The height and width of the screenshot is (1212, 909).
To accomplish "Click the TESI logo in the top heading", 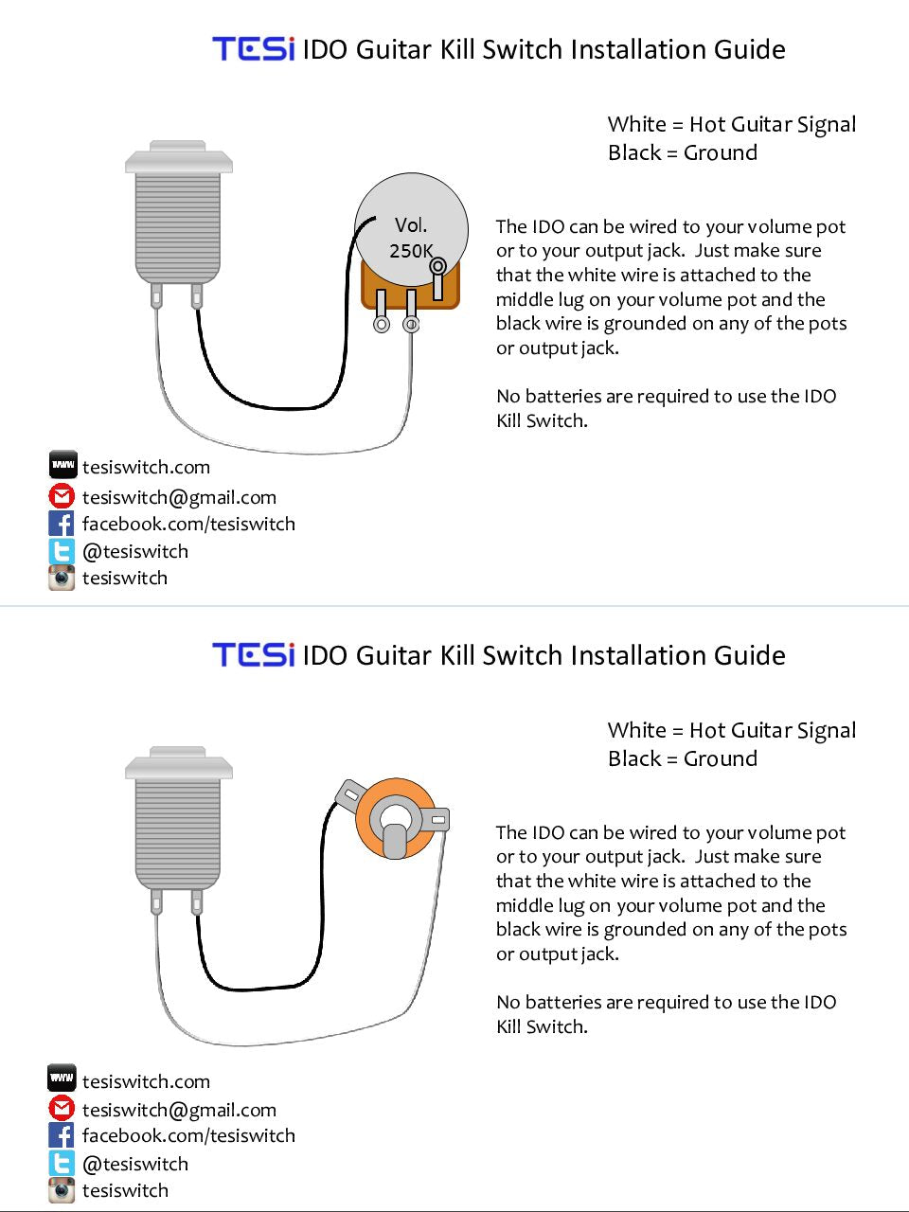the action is [x=254, y=48].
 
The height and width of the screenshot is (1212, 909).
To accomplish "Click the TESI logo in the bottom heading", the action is [x=254, y=654].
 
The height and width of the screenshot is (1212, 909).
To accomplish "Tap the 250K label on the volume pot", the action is [x=411, y=251].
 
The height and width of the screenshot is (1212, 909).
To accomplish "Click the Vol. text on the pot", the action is [x=411, y=224].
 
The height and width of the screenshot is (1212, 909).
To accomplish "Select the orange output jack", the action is [x=395, y=818].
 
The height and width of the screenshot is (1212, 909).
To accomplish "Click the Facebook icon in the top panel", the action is [x=62, y=524].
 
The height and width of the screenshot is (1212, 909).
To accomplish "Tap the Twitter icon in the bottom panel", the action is [x=62, y=1163].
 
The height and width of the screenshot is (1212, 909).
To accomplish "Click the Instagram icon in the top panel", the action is [x=62, y=578].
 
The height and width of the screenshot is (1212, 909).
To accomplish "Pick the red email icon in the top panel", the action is [x=62, y=496].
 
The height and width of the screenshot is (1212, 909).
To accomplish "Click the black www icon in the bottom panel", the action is [x=62, y=1078].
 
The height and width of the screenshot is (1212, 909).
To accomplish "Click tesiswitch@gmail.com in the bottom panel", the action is [x=179, y=1110].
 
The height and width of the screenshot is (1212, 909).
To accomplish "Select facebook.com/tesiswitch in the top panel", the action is [x=188, y=524].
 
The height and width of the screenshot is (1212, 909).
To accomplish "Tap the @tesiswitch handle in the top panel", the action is [x=135, y=552].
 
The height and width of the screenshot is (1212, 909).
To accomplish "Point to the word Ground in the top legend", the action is [x=721, y=152].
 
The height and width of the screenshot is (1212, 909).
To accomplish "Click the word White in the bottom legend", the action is [x=637, y=730].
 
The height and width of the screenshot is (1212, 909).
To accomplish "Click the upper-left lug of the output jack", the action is [x=350, y=795].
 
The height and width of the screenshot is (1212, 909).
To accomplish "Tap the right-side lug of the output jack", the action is [x=437, y=819].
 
